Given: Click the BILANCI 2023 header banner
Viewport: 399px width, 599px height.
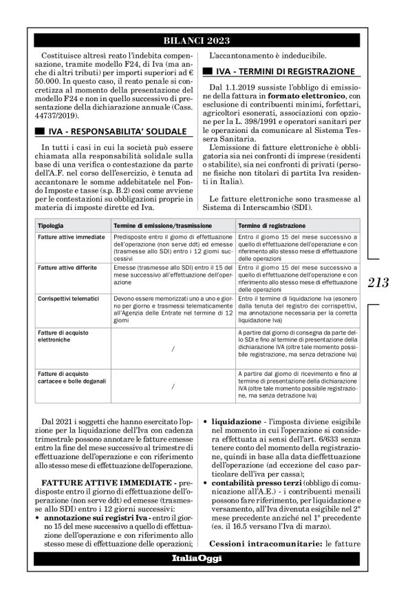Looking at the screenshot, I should (x=199, y=41).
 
